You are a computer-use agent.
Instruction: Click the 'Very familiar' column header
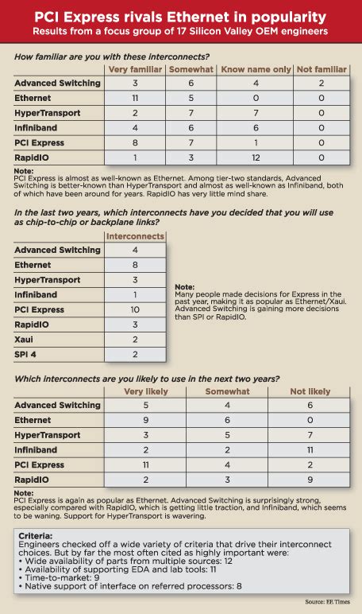[x=135, y=69]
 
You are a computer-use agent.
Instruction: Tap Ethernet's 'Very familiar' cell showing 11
[x=135, y=97]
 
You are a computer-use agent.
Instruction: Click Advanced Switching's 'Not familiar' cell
[x=322, y=83]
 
